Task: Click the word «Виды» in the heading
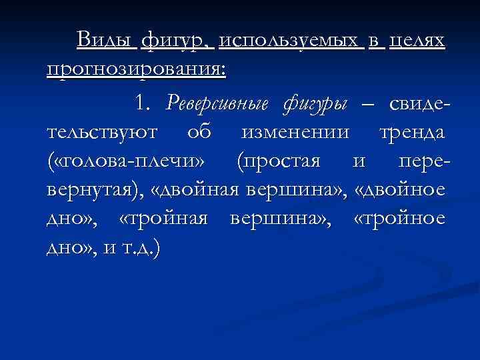click(106, 41)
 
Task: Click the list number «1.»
click(143, 103)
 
